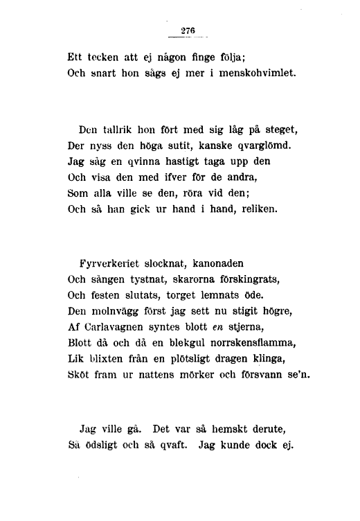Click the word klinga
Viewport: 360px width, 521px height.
tap(268, 360)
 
